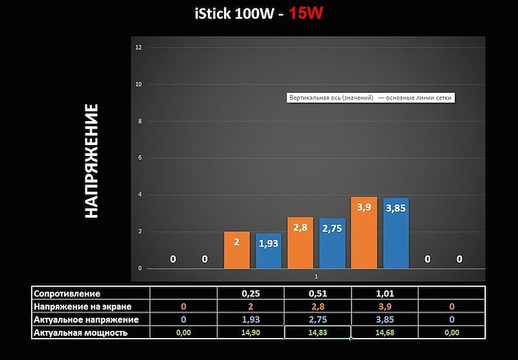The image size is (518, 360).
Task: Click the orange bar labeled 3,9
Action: [364, 233]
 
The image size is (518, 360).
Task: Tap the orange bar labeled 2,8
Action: [300, 243]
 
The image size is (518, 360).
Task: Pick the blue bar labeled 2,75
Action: [332, 243]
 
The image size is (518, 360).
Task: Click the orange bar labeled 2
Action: [237, 250]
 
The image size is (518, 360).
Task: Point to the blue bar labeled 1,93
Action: [269, 251]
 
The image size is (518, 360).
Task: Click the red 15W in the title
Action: [306, 13]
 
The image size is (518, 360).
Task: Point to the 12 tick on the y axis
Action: [139, 48]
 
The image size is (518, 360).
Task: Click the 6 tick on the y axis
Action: [140, 158]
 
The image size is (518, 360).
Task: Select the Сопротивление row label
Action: [67, 293]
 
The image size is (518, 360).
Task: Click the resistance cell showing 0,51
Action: [317, 293]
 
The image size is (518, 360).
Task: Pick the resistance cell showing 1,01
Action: [385, 293]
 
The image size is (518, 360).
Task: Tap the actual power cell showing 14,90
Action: [250, 333]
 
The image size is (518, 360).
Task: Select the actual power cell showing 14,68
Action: [385, 333]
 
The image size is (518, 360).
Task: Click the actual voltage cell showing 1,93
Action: [250, 320]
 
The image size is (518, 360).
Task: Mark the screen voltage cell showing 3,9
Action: [385, 306]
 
